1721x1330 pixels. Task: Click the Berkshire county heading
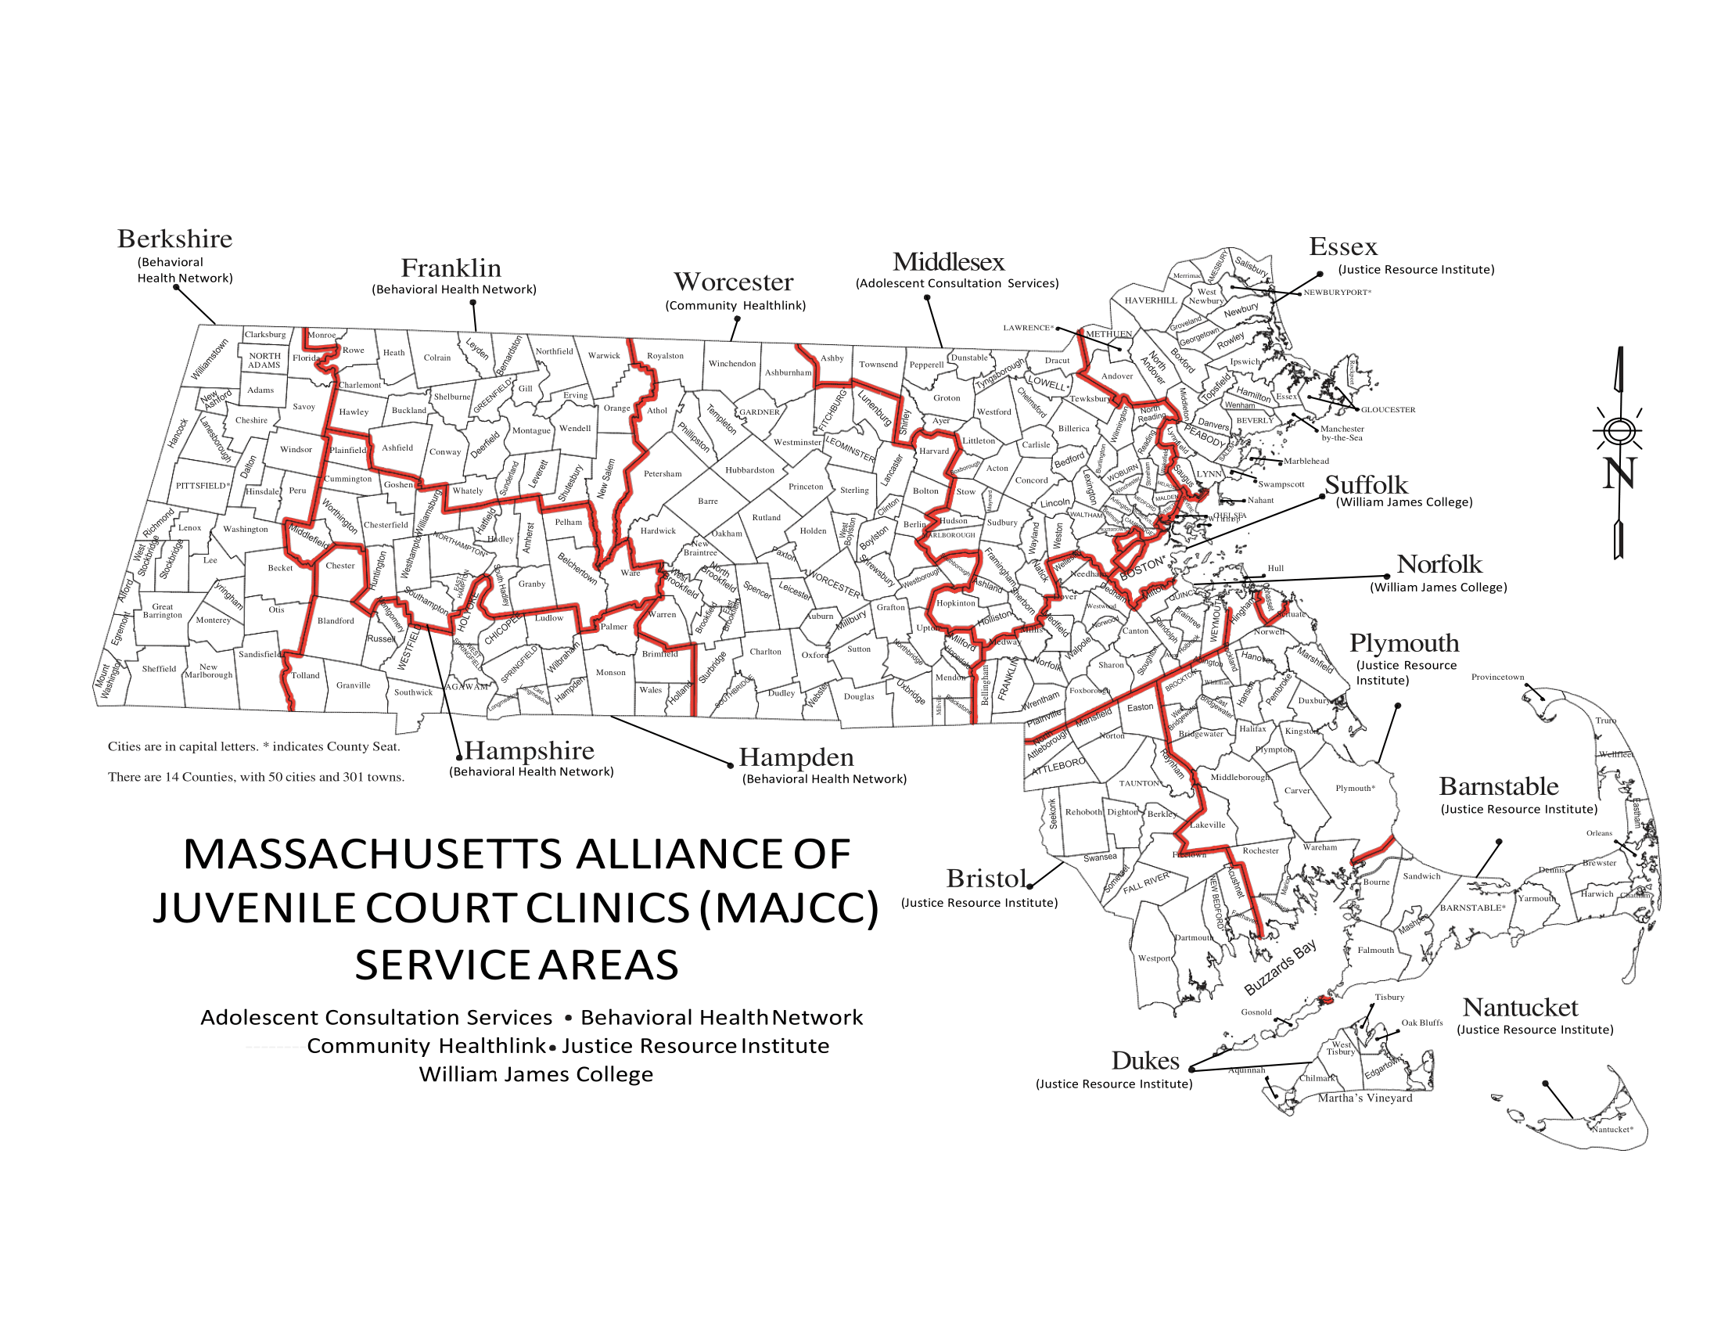point(175,239)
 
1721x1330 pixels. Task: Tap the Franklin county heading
point(451,268)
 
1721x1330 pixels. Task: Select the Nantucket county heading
point(1520,1007)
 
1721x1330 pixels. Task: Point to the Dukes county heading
point(1145,1061)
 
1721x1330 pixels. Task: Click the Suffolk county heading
point(1366,484)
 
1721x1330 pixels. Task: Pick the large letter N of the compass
point(1619,473)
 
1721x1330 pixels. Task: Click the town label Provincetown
point(1497,677)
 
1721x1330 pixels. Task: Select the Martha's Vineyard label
point(1365,1098)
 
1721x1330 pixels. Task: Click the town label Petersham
point(663,473)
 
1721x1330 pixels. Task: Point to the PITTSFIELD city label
point(203,485)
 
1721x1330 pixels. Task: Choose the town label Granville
point(353,685)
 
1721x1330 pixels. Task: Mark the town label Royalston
point(665,356)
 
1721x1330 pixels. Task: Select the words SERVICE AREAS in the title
point(516,965)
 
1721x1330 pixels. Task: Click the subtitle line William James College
point(536,1074)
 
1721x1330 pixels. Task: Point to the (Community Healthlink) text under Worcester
point(735,306)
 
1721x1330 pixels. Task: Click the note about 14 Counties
point(256,777)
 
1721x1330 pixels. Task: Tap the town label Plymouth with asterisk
point(1355,788)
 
